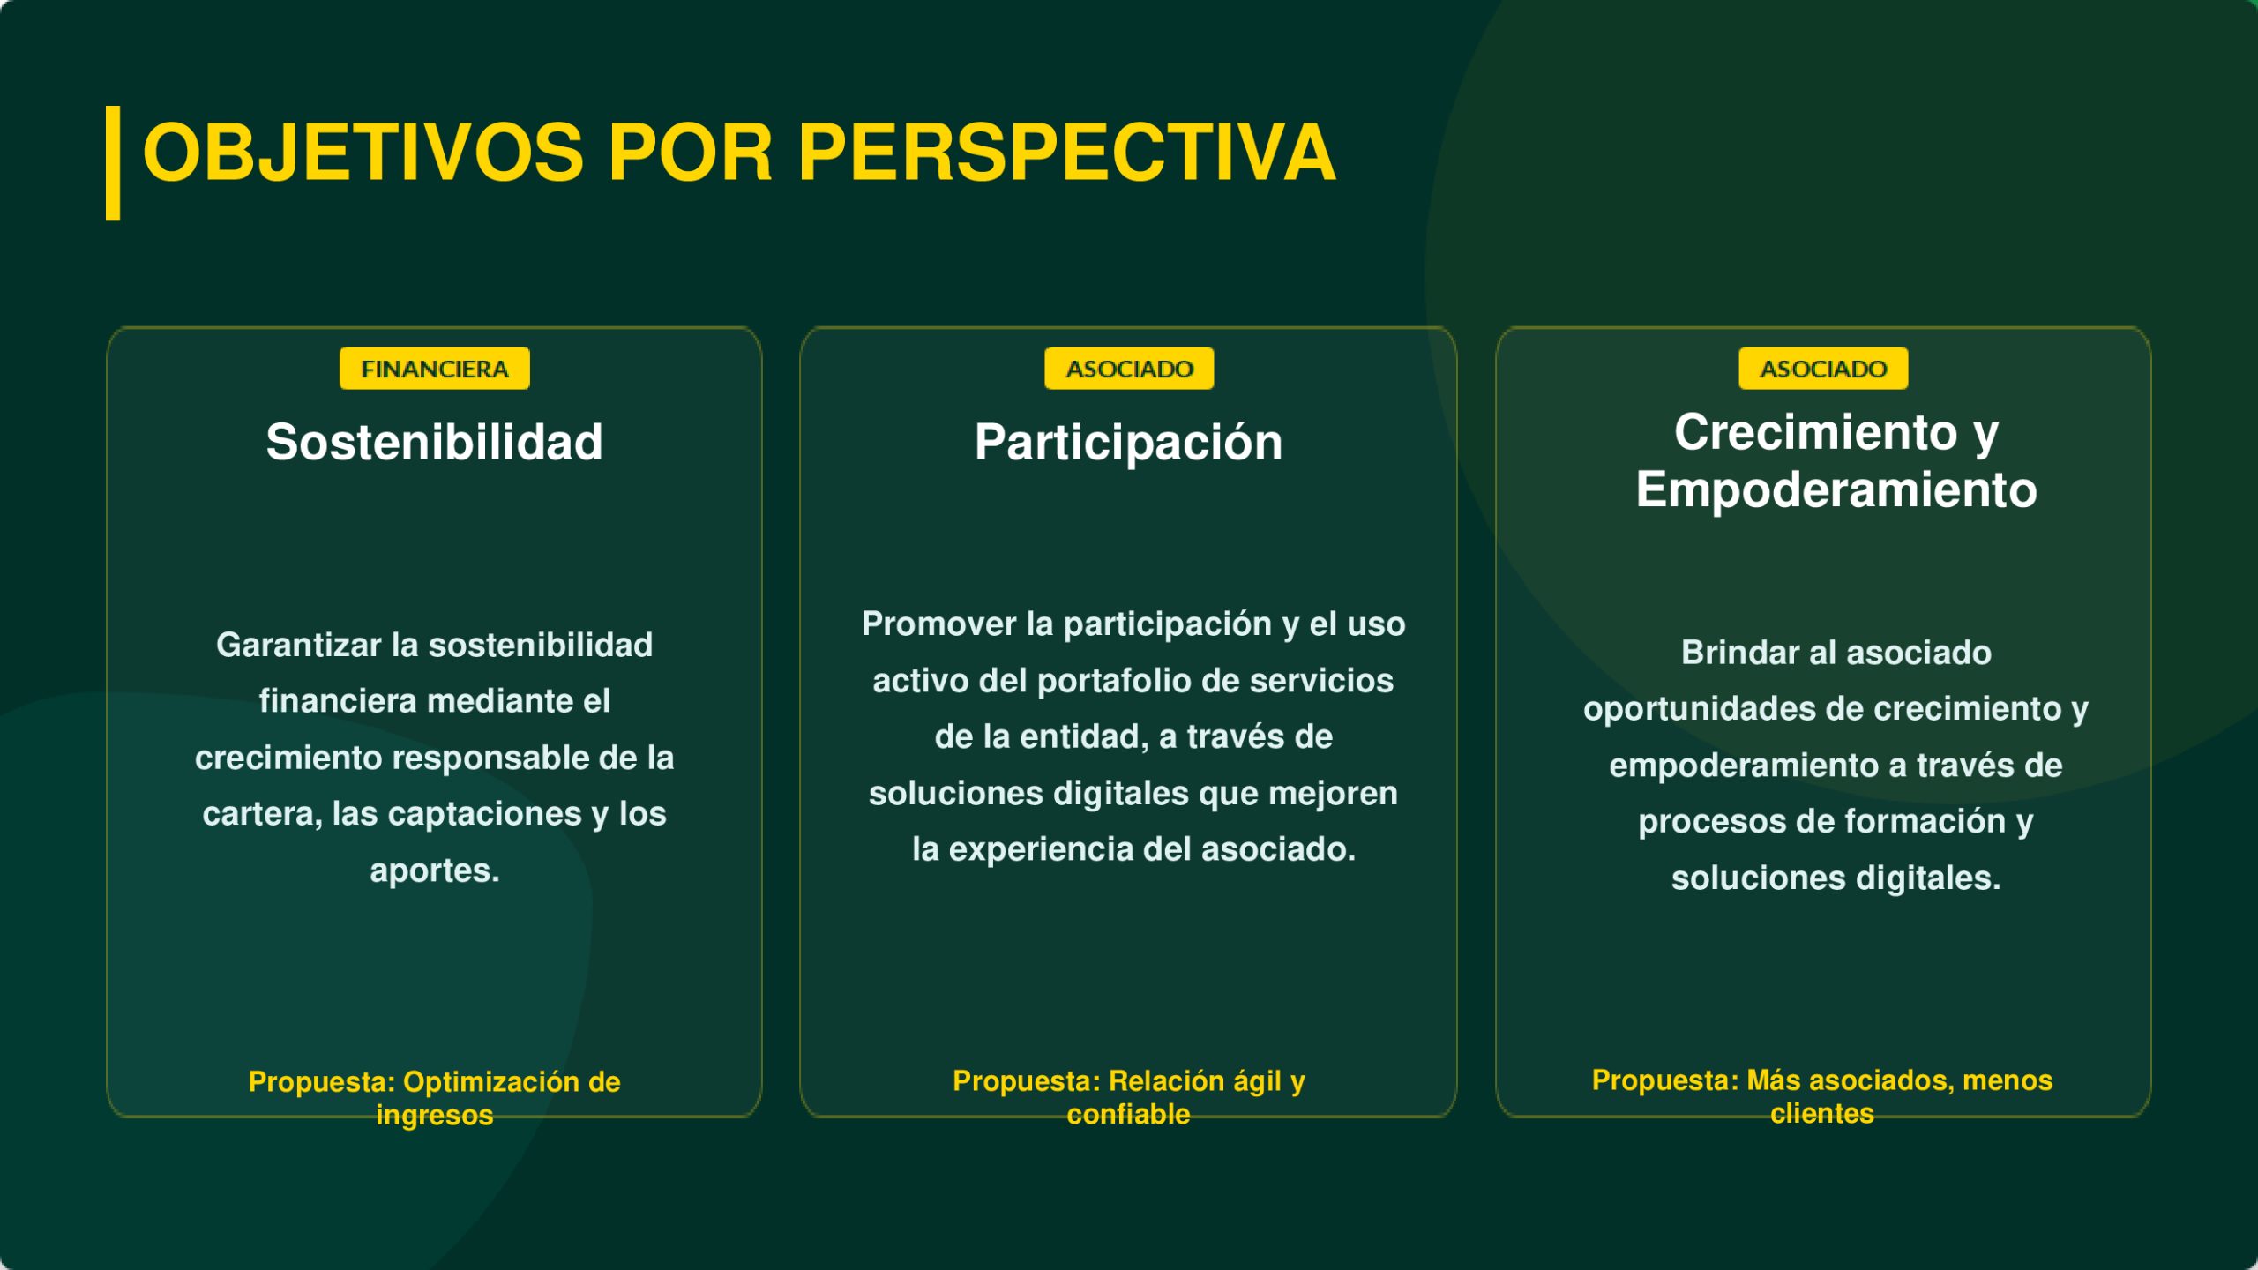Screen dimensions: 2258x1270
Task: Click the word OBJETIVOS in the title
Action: click(363, 153)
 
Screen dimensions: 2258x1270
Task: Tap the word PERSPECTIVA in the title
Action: click(1066, 153)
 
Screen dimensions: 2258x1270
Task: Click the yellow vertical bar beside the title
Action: click(113, 163)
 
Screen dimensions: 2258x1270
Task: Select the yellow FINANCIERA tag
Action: click(435, 369)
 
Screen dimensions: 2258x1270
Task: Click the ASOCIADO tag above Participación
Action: click(1129, 369)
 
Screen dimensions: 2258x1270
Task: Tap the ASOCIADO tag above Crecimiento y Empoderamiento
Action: click(1823, 369)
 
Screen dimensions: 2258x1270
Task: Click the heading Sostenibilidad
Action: click(435, 442)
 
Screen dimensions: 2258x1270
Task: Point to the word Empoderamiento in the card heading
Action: click(1836, 490)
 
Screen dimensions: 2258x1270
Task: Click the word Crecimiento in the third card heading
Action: click(1815, 433)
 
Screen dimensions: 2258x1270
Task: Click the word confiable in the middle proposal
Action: click(1129, 1115)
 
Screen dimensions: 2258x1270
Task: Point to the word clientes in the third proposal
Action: click(1822, 1114)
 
